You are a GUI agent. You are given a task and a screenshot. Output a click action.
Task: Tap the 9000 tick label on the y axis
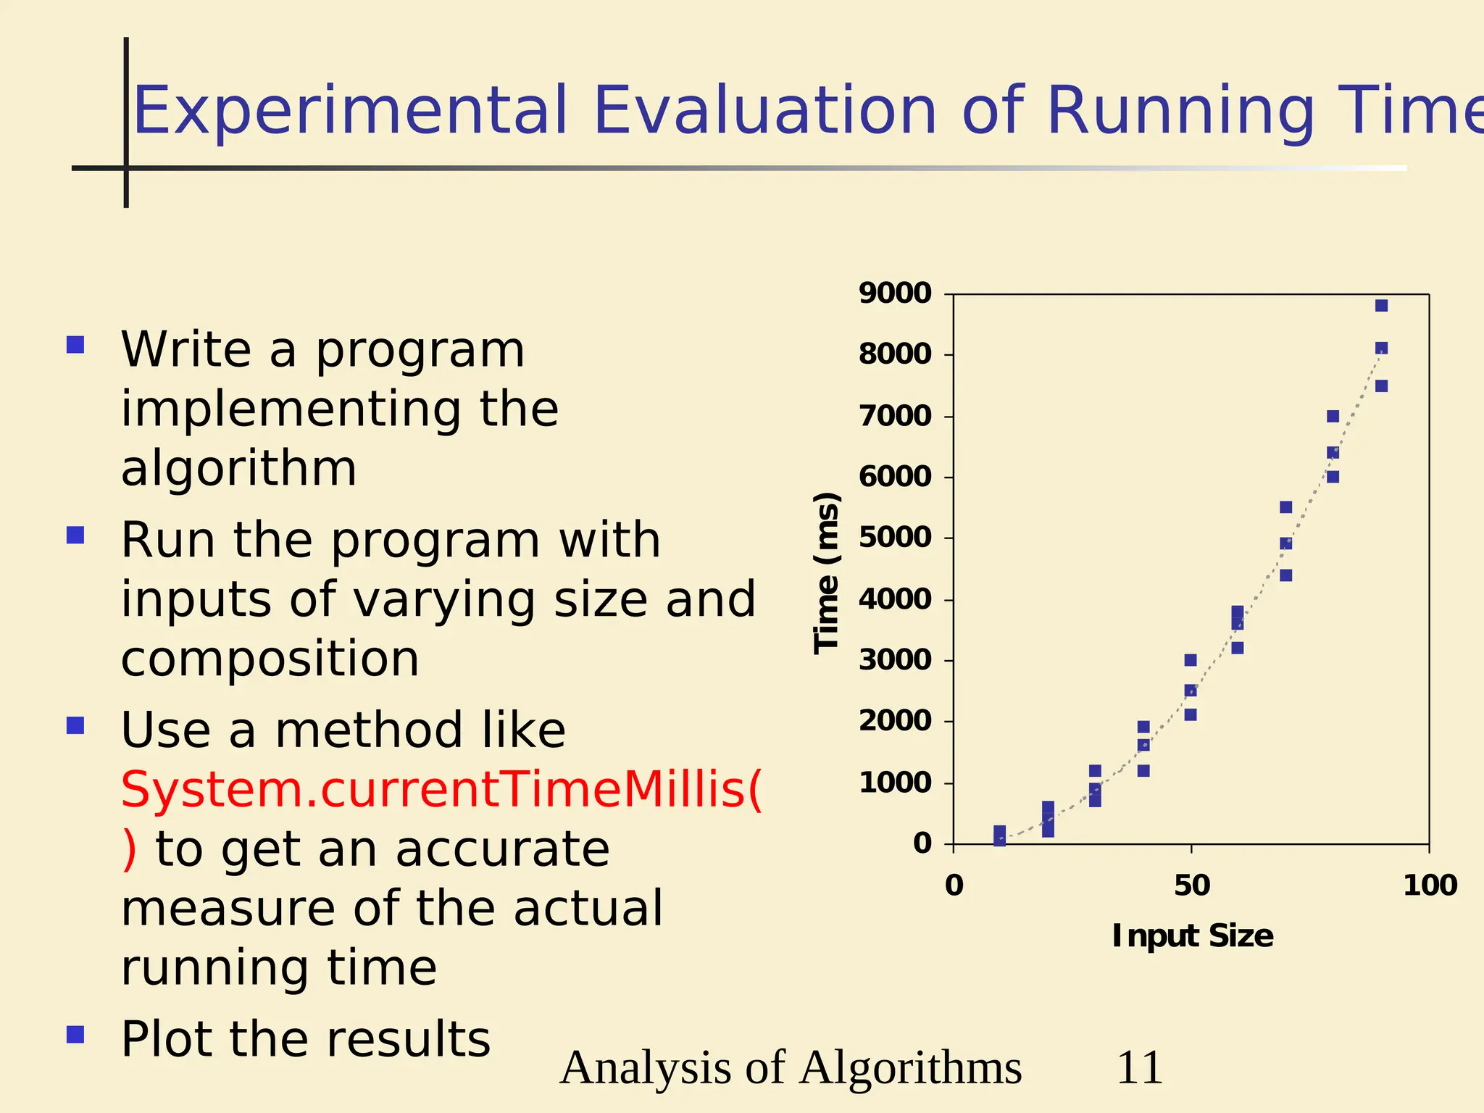[x=895, y=293]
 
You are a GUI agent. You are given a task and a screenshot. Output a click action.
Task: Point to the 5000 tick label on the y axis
[x=895, y=538]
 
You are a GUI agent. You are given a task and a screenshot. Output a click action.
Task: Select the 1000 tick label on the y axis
[x=895, y=783]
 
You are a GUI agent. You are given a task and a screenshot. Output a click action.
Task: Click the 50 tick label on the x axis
[x=1192, y=885]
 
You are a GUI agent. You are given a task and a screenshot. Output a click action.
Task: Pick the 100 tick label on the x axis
[x=1430, y=885]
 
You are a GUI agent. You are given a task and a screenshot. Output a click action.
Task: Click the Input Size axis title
[x=1193, y=936]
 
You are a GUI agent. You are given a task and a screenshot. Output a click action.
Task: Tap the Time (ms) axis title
[x=826, y=572]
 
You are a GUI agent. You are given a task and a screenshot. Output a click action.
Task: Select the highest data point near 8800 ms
[x=1381, y=306]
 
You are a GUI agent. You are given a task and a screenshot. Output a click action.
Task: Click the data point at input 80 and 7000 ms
[x=1333, y=417]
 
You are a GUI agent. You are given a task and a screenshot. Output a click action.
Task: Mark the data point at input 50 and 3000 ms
[x=1191, y=660]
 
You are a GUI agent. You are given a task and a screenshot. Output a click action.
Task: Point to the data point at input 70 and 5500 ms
[x=1285, y=507]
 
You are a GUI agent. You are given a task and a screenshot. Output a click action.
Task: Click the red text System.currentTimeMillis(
[x=441, y=790]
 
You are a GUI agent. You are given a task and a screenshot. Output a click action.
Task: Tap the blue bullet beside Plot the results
[x=75, y=1034]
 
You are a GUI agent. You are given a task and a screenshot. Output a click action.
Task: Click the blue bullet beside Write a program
[x=75, y=344]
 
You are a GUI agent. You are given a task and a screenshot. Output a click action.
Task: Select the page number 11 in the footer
[x=1139, y=1068]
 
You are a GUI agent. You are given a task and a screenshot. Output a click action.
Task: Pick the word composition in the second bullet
[x=270, y=659]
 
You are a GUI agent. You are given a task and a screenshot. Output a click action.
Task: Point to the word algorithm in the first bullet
[x=238, y=469]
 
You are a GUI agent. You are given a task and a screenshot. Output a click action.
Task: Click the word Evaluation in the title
[x=765, y=111]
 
